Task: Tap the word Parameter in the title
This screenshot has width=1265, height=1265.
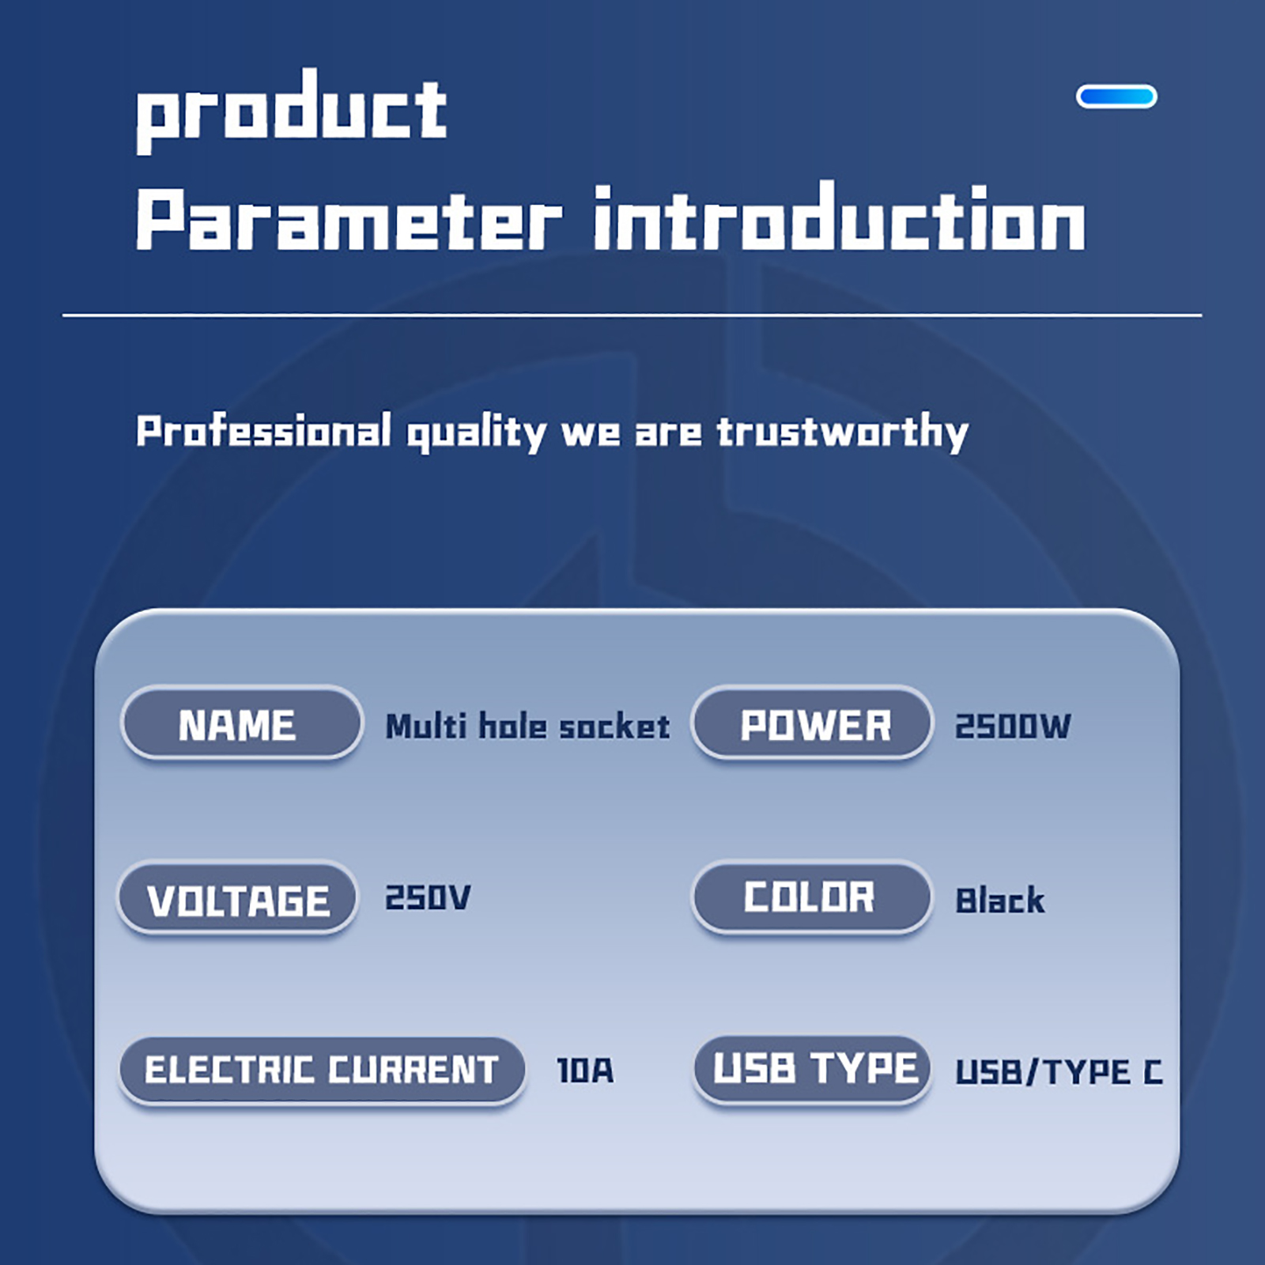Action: click(x=349, y=219)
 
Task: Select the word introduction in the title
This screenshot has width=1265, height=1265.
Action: click(x=839, y=217)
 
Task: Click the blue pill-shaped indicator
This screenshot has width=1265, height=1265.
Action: click(x=1116, y=96)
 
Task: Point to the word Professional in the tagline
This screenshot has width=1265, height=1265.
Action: click(x=263, y=431)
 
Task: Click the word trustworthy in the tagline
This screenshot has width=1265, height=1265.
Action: click(x=843, y=432)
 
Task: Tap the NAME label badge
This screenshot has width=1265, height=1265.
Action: click(x=241, y=723)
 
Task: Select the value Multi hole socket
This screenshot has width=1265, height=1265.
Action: click(x=527, y=726)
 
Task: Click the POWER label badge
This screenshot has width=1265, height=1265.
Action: click(x=812, y=723)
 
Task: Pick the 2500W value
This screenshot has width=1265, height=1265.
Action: click(x=1013, y=726)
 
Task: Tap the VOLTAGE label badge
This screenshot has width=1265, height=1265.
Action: click(x=237, y=898)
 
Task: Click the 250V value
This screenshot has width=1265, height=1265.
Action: click(x=428, y=897)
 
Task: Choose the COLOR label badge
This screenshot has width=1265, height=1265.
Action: click(x=812, y=897)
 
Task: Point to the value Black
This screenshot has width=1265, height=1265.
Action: click(x=1000, y=900)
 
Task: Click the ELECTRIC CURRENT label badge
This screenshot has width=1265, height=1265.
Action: click(x=322, y=1070)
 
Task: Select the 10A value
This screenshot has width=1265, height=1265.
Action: click(x=585, y=1071)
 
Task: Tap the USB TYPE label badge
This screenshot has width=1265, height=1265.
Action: click(x=812, y=1069)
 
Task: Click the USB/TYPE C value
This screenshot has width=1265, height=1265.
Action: click(x=1059, y=1071)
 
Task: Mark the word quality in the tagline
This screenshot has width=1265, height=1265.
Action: click(x=476, y=433)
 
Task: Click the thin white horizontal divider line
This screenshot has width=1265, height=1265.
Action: click(x=632, y=315)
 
